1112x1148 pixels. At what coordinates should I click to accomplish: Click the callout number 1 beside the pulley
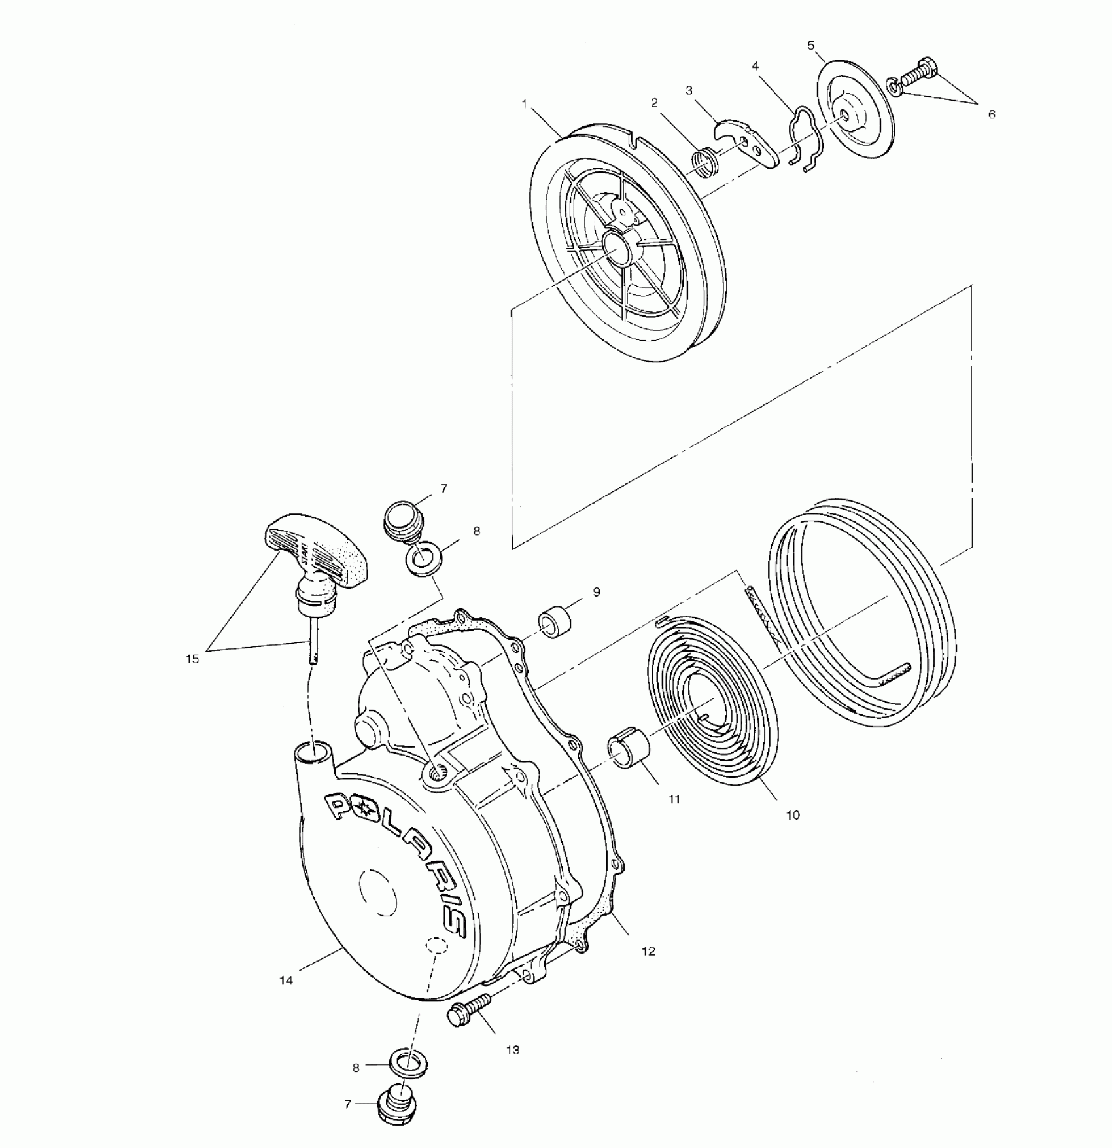(524, 103)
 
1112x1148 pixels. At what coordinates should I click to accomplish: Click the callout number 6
(992, 114)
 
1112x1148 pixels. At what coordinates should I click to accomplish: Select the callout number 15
(192, 659)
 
